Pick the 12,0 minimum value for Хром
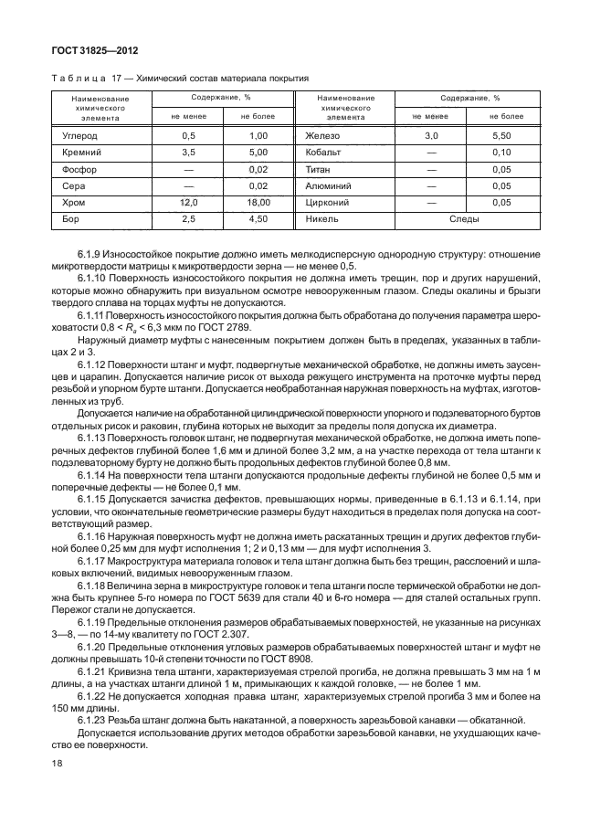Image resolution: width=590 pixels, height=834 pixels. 188,202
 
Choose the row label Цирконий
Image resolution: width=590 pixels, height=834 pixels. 326,202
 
